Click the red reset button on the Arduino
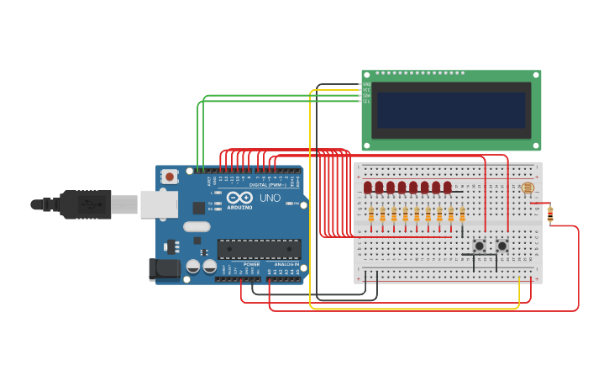170,177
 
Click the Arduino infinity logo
239,197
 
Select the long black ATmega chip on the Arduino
259,249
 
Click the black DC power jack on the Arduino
164,269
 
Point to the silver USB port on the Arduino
158,204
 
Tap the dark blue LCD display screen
451,110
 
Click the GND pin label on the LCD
366,84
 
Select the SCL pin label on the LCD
366,102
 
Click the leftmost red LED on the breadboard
368,188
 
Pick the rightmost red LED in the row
447,188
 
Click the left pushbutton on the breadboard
479,246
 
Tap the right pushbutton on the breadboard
501,246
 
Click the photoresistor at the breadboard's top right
527,188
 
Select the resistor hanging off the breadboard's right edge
550,214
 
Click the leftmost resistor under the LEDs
371,215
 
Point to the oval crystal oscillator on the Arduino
197,226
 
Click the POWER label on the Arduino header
251,264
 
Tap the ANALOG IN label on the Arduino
286,264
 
